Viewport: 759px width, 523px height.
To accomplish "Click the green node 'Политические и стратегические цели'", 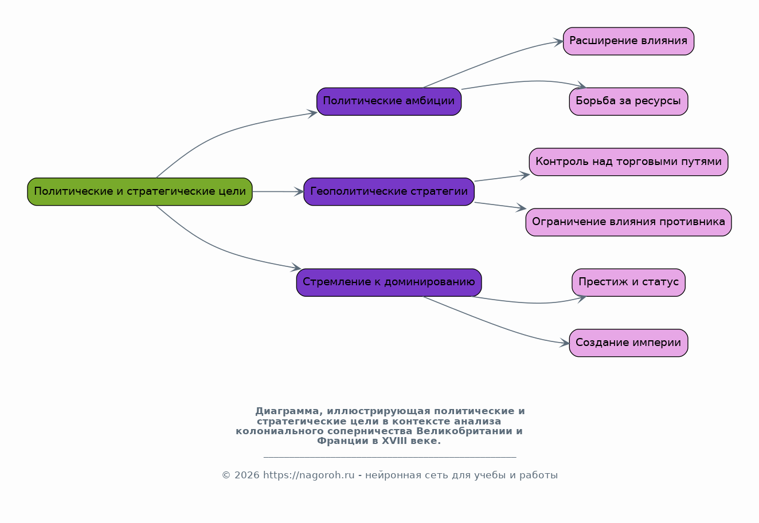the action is (x=140, y=191).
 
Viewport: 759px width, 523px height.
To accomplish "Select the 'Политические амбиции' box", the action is (x=389, y=101).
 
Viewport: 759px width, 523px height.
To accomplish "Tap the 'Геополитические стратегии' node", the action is (x=389, y=191).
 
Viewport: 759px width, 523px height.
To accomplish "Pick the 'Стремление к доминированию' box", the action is (x=389, y=282).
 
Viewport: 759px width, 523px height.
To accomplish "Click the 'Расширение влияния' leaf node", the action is (x=628, y=41).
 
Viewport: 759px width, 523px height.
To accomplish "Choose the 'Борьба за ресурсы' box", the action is (x=628, y=101).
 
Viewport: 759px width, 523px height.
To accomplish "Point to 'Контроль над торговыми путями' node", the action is (x=628, y=162).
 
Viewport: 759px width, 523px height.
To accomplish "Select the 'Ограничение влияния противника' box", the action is (x=628, y=222).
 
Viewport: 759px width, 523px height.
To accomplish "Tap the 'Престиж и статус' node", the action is (x=628, y=282).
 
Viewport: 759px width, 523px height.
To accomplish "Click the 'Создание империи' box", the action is (x=628, y=343).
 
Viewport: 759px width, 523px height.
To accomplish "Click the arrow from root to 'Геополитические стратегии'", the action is (x=278, y=192).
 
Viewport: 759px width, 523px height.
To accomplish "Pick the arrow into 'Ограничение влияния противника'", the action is (x=500, y=206).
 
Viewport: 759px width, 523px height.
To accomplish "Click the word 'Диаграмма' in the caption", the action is (x=287, y=411).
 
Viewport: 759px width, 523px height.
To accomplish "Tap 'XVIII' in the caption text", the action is (x=394, y=441).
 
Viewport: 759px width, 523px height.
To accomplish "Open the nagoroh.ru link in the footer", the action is (x=308, y=475).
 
